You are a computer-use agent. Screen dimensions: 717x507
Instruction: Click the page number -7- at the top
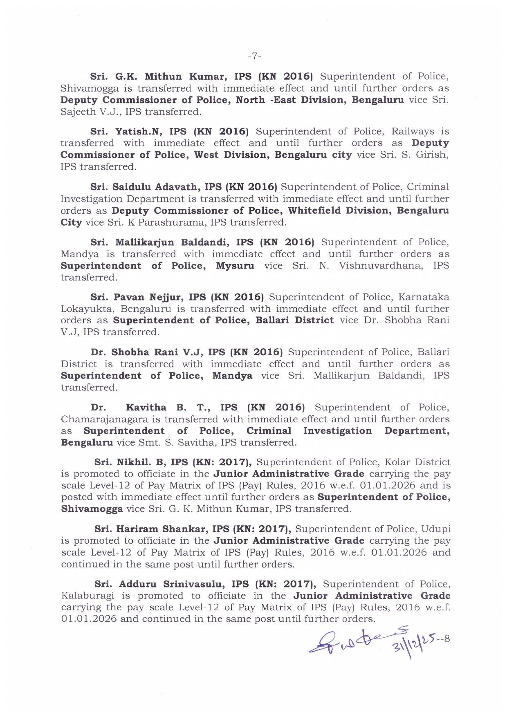tap(254, 56)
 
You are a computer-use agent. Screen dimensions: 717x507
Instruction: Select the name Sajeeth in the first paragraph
tap(75, 112)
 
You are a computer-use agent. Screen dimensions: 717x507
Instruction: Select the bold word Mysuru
tap(235, 266)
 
